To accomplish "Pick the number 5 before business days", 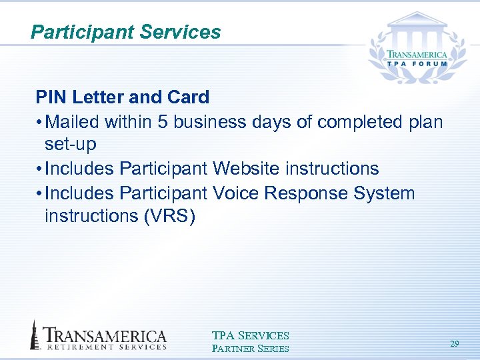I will coord(164,123).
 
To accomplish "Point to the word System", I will coord(385,193).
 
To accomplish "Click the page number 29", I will coord(455,344).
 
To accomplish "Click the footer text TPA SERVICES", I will coord(250,335).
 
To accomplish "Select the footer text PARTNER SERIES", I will coord(250,348).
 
